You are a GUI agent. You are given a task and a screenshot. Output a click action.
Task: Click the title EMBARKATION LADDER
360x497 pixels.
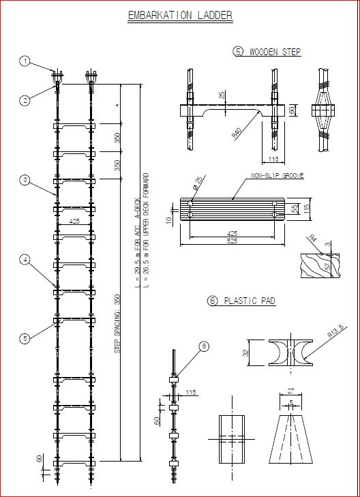(180, 16)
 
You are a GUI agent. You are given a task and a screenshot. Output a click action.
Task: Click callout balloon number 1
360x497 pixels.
(25, 62)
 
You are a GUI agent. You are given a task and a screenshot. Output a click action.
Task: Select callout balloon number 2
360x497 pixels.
(25, 100)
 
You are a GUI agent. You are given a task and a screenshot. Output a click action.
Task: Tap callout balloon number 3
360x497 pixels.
(25, 180)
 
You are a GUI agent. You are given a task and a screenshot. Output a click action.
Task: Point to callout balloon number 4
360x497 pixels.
(25, 260)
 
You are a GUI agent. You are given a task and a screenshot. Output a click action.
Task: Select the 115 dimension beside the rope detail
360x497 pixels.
(190, 392)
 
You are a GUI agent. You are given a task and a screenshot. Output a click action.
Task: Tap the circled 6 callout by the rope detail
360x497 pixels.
(204, 346)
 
